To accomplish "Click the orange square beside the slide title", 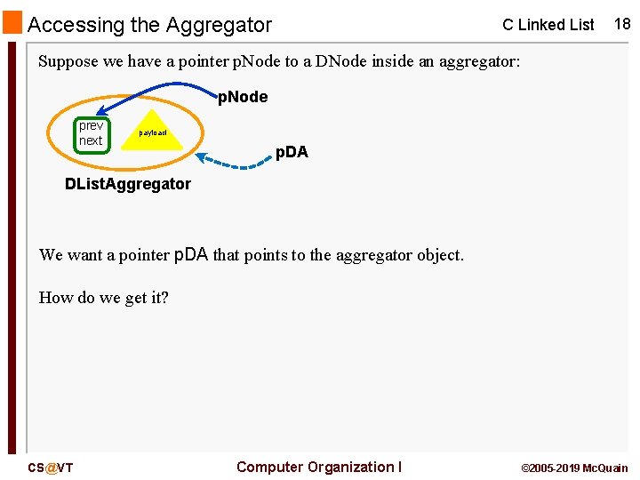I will point(12,22).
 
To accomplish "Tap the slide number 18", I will point(621,24).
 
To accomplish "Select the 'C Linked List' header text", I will point(548,25).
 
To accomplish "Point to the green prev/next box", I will point(92,133).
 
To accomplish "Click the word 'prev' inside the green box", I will point(91,125).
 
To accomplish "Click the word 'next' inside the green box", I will point(91,140).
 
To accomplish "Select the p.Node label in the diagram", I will point(243,97).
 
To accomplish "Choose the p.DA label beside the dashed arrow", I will point(292,152).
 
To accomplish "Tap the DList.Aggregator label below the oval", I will point(128,184).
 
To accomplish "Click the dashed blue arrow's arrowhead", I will point(202,157).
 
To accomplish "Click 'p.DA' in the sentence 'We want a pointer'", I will point(191,255).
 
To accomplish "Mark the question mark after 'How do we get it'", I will point(164,298).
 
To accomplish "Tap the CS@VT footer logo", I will point(50,468).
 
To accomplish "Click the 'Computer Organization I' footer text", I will point(319,467).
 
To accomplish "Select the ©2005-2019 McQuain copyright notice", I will point(573,468).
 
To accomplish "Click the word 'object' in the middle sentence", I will point(436,255).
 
